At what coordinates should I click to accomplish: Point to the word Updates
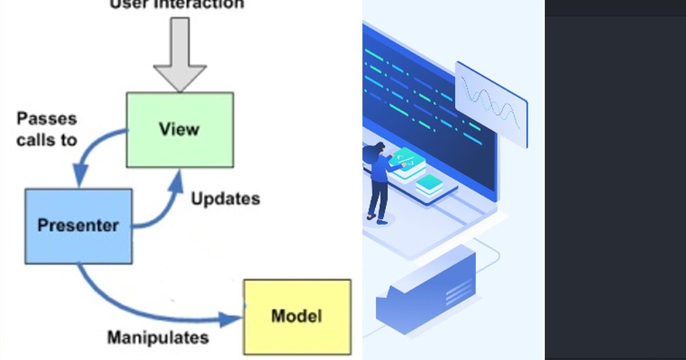(x=225, y=199)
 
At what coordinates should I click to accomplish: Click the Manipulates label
(x=158, y=337)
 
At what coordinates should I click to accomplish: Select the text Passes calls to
(x=46, y=129)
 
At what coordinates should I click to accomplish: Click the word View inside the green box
(x=180, y=129)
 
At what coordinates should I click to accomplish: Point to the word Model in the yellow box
(x=297, y=316)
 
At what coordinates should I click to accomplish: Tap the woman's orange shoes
(x=377, y=219)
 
